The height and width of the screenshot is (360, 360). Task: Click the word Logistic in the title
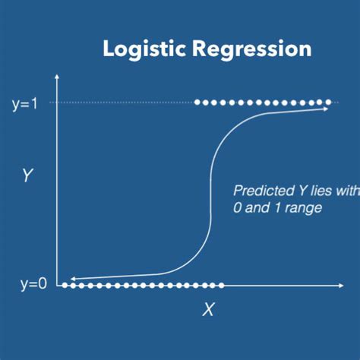pos(144,50)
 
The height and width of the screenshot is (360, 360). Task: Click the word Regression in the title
pos(252,50)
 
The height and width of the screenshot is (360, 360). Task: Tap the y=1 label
pos(24,104)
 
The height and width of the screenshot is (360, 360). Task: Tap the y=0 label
pos(33,284)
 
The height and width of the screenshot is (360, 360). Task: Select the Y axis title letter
pos(27,175)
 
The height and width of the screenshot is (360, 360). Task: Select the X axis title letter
pos(208,309)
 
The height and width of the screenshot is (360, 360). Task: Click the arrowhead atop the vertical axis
pos(57,77)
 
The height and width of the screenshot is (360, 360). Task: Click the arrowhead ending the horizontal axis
pos(341,286)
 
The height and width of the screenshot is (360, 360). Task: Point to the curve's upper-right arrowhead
pos(325,109)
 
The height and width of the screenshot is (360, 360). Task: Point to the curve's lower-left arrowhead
pos(73,279)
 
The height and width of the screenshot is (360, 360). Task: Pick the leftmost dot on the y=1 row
pos(197,103)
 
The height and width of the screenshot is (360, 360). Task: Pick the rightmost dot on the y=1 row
pos(328,103)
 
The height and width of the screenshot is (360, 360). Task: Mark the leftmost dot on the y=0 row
pos(65,286)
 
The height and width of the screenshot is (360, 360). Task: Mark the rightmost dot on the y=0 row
pos(221,286)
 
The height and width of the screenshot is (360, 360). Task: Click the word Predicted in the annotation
pos(264,191)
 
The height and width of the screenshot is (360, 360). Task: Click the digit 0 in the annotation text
pos(238,208)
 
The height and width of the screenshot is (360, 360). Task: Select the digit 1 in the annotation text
pos(277,208)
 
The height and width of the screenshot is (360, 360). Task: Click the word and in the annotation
pos(257,208)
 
